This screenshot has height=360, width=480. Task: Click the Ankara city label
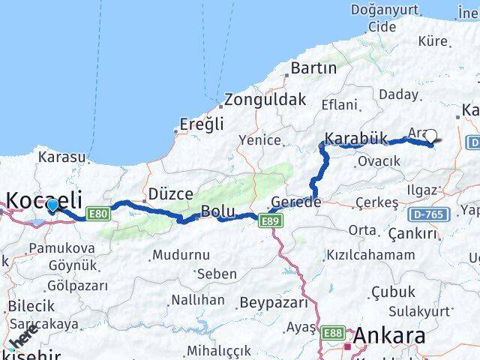click(390, 334)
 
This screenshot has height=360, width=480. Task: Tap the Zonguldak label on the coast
click(265, 99)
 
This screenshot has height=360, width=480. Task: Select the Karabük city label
click(355, 138)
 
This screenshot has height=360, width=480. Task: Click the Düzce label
click(170, 193)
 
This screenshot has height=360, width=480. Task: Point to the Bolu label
click(217, 211)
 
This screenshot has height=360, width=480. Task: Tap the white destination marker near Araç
click(430, 136)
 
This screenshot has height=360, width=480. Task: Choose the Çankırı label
click(412, 234)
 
